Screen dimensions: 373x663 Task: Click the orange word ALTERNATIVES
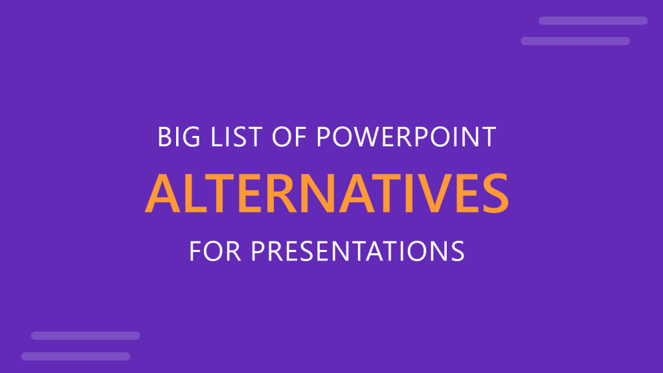click(326, 193)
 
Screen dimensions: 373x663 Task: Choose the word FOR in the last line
click(214, 250)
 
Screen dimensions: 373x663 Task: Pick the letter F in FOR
click(195, 250)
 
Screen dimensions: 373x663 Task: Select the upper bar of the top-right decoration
click(593, 21)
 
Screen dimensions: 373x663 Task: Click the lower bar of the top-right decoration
click(575, 41)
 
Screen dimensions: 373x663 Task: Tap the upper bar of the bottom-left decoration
click(85, 335)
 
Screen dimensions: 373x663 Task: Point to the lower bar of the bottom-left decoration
click(76, 356)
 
